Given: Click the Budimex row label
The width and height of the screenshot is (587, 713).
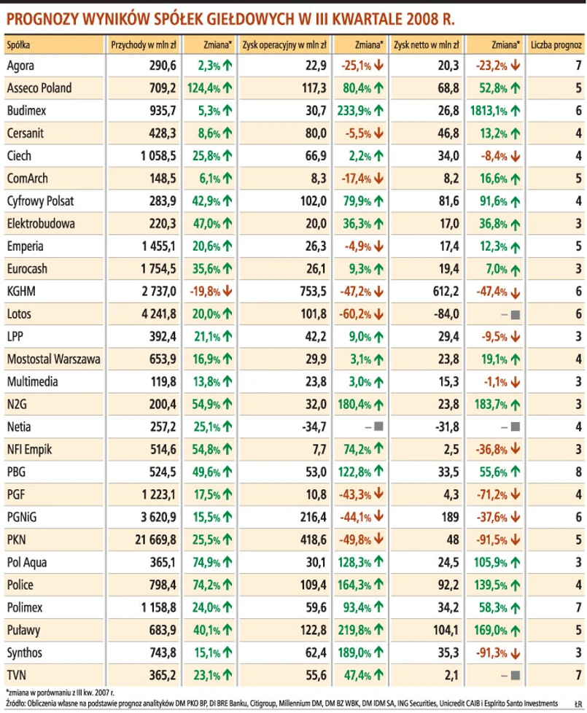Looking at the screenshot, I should tap(28, 111).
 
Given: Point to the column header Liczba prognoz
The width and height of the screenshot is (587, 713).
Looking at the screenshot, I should tap(556, 44).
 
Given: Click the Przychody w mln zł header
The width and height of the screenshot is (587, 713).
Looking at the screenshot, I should tap(144, 44).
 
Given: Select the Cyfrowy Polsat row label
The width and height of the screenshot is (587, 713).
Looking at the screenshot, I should tap(40, 200).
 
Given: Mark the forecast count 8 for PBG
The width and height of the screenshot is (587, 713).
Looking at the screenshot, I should tap(578, 472).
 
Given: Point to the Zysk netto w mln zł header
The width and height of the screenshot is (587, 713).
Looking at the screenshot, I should tap(427, 44).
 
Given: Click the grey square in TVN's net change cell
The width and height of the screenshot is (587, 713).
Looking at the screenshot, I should tap(516, 675).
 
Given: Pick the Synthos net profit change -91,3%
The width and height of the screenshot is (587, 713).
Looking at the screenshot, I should tap(495, 652).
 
